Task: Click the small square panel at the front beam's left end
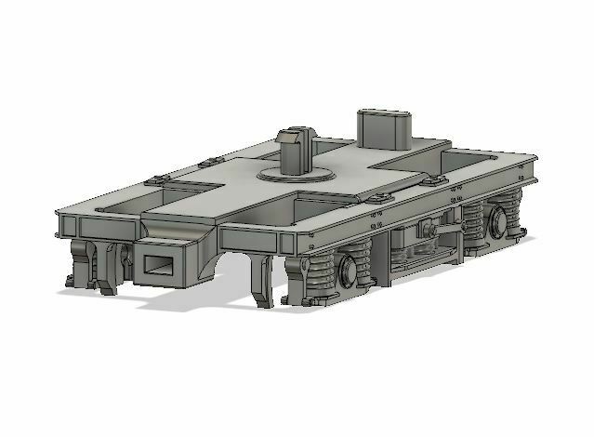click(x=66, y=226)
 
